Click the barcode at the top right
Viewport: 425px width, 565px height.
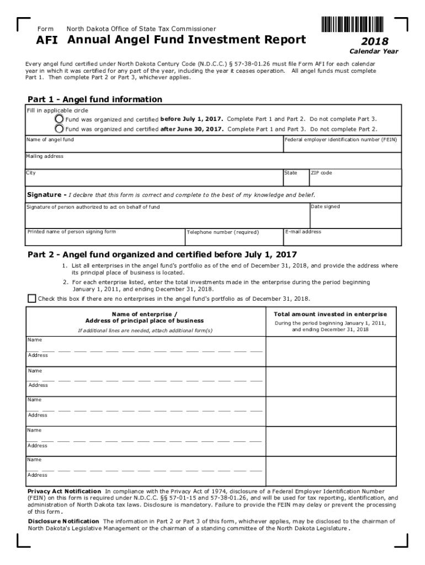coord(351,25)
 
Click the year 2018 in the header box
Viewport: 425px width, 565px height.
coord(375,41)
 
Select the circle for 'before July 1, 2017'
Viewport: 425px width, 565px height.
coord(59,119)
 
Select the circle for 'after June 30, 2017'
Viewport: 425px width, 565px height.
coord(59,129)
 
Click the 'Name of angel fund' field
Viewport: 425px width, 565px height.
coord(154,145)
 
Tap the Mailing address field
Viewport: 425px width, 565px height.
coord(214,161)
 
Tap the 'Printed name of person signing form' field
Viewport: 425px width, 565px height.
coord(105,237)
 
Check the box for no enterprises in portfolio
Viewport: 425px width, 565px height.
coord(31,299)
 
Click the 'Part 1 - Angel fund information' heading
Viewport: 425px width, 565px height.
coord(95,99)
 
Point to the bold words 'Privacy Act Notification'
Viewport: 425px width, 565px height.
coord(65,491)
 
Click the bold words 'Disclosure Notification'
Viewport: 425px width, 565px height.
coord(63,521)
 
